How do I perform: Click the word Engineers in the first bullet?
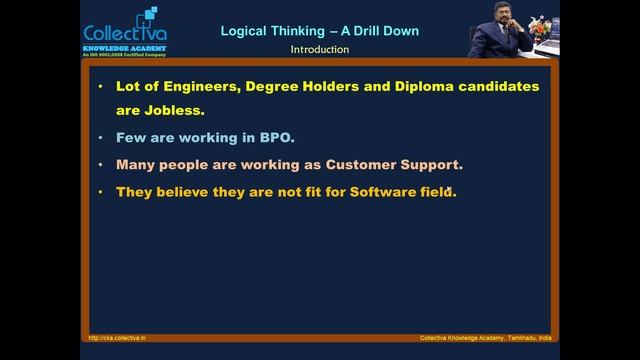coord(198,86)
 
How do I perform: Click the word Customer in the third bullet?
coord(368,164)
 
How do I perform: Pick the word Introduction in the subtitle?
coord(319,49)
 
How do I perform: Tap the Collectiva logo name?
coord(121,32)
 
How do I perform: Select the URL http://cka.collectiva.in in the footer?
coord(117,338)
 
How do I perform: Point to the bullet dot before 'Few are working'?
coord(101,138)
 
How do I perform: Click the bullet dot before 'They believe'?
coord(101,190)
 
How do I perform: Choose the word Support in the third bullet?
coord(434,164)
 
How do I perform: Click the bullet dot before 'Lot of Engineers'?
coord(101,86)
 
